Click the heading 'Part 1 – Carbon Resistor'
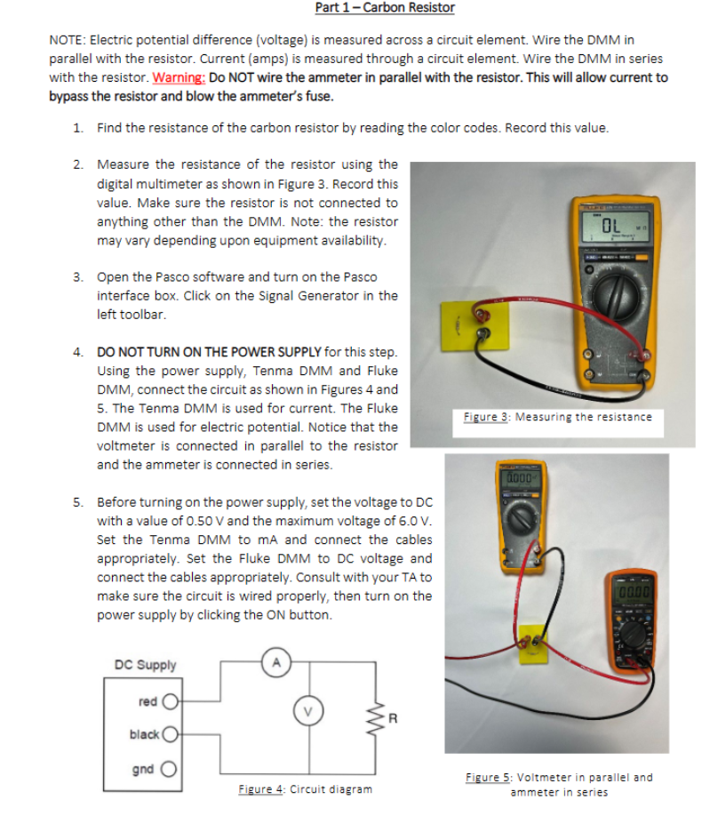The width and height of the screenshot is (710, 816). [x=385, y=8]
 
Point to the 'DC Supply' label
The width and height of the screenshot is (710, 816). [x=146, y=665]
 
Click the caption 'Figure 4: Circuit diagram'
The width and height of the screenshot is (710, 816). [x=305, y=789]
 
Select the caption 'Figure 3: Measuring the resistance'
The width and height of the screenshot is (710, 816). [x=558, y=417]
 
